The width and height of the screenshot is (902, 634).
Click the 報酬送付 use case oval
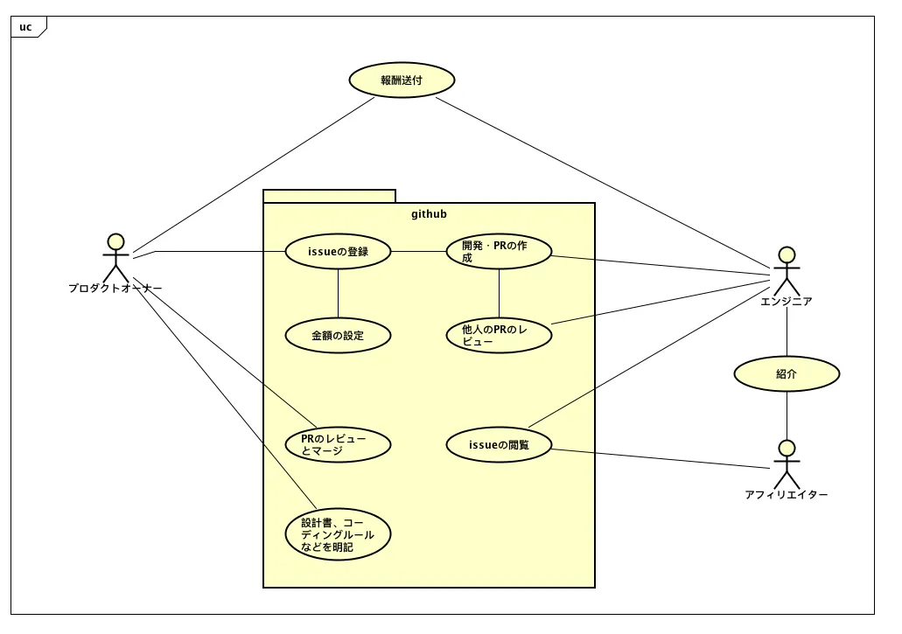402,80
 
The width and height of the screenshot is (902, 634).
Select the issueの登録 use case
338,252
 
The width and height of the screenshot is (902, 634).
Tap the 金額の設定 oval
338,335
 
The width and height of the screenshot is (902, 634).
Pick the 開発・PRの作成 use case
499,252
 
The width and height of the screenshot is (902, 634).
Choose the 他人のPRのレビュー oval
499,335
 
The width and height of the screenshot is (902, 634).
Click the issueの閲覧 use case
499,444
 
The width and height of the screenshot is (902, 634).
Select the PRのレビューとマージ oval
338,444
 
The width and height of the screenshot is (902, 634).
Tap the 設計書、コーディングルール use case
338,533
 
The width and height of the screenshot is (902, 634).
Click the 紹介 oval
787,373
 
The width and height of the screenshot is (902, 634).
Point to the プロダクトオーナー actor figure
115,257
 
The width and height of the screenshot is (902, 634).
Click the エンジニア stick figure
787,270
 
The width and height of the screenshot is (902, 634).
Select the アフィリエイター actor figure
787,464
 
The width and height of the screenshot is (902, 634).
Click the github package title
429,213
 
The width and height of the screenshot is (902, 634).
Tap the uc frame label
26,26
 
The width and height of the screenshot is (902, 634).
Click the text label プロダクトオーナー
115,289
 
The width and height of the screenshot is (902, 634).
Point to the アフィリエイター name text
787,495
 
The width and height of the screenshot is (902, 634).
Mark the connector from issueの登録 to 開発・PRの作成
418,252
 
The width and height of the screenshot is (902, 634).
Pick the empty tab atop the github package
329,196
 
